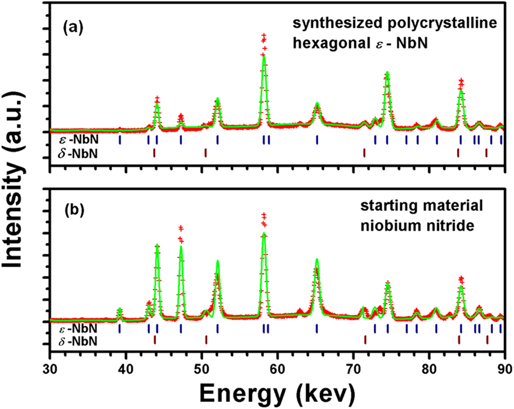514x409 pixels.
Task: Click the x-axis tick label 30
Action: (49, 366)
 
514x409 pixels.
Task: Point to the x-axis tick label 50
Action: (202, 366)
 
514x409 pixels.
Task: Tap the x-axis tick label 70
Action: (354, 366)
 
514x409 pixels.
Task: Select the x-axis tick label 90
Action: (505, 366)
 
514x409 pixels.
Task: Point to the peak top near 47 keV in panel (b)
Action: (181, 228)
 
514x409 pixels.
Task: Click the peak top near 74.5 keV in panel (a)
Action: (387, 73)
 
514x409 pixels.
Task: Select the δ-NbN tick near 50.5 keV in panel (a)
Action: (205, 153)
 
